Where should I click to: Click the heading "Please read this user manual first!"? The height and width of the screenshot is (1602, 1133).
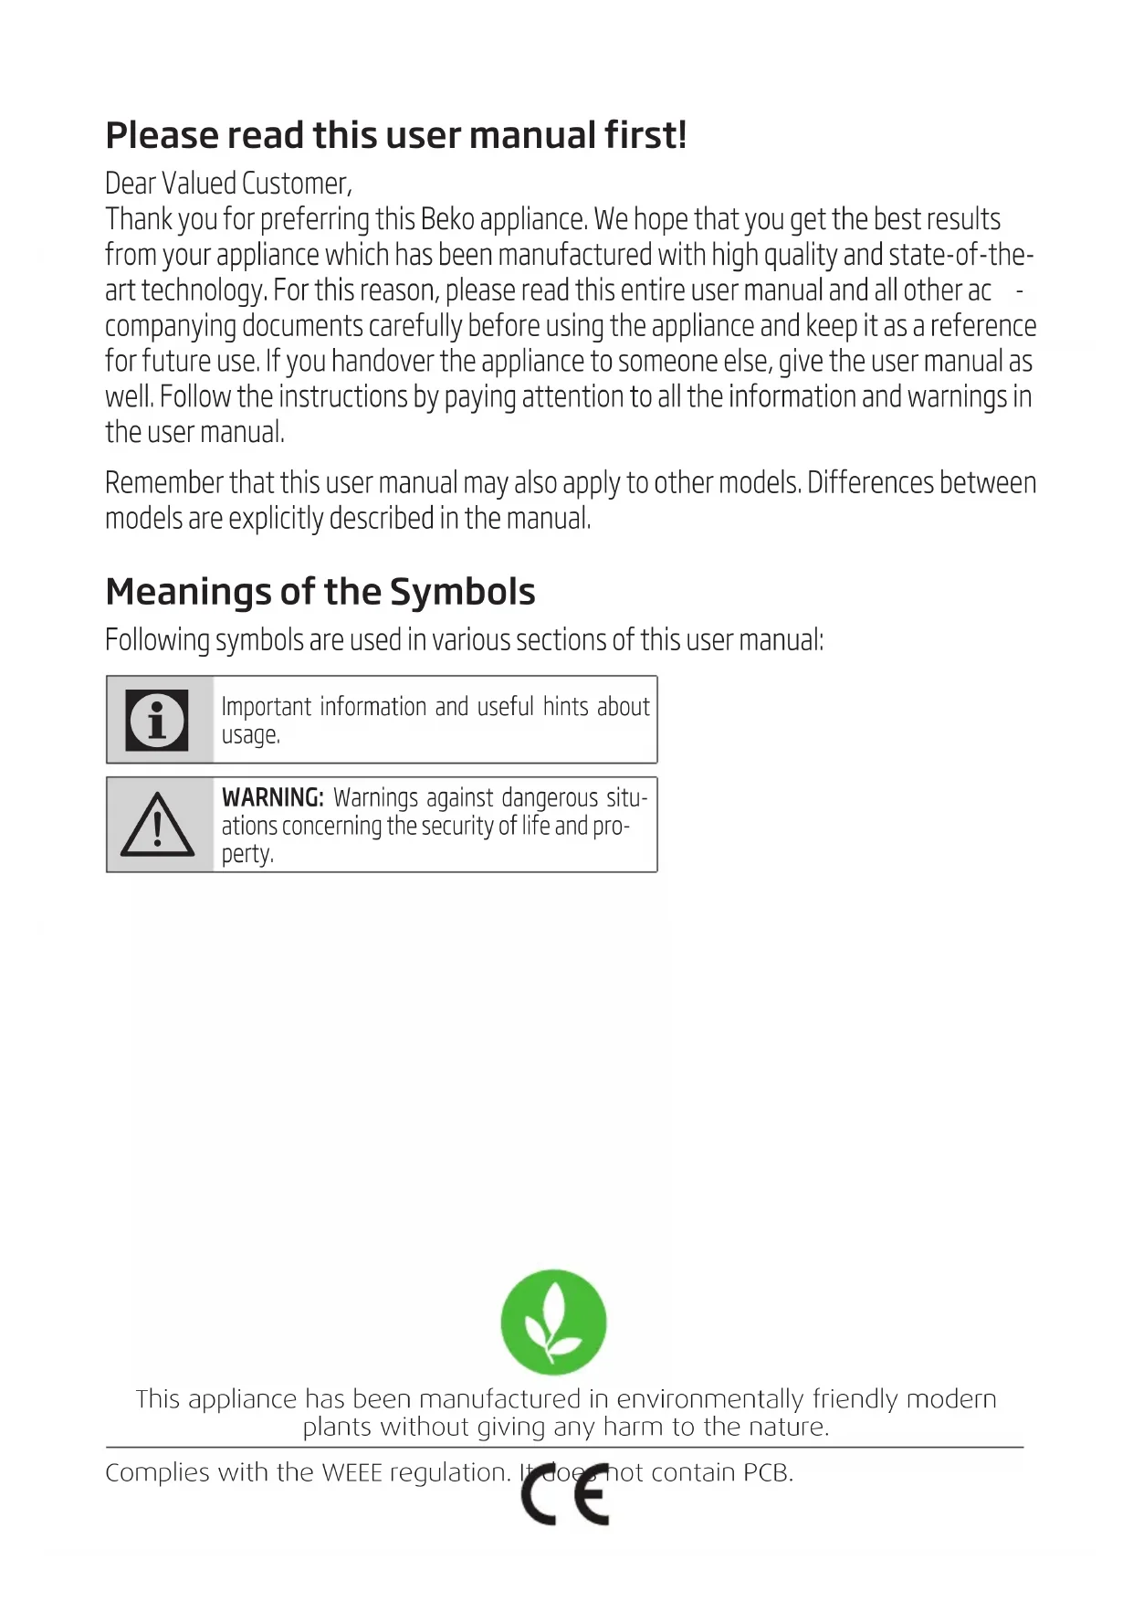pos(395,135)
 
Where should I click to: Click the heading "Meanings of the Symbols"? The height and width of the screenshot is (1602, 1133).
pos(320,592)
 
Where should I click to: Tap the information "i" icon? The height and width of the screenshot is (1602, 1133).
pos(157,720)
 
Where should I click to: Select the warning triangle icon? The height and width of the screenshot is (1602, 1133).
pos(158,825)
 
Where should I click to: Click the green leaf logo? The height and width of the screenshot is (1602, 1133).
pos(553,1322)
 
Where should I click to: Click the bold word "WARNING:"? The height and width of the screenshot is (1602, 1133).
pos(272,797)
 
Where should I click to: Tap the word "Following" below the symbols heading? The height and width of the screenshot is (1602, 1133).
pos(157,639)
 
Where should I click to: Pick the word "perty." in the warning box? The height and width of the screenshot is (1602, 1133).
pos(247,854)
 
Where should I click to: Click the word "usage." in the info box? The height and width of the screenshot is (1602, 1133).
pos(250,735)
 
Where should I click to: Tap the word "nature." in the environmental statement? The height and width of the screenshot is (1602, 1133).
pos(788,1427)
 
